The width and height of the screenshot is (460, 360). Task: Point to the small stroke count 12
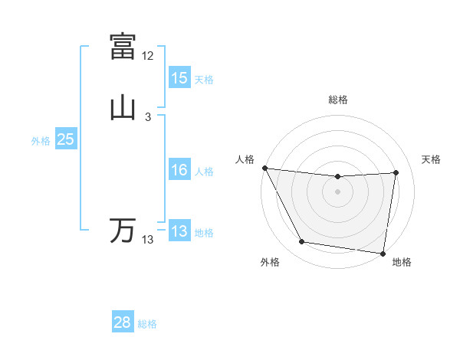coord(148,56)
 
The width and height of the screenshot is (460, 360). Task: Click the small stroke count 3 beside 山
coord(148,117)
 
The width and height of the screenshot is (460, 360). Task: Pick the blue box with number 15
coord(179,78)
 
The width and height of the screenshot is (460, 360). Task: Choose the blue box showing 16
coord(179,170)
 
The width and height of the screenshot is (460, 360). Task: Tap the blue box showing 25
coord(66,139)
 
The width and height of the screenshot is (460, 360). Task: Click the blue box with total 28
coord(123,323)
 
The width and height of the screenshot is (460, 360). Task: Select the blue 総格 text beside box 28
coord(148,325)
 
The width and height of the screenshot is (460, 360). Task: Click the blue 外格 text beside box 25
coord(41,141)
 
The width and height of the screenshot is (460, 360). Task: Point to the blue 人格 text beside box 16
coord(205,172)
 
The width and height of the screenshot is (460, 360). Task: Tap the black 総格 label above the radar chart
coord(338,100)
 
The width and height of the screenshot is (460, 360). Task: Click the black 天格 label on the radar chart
coord(431,159)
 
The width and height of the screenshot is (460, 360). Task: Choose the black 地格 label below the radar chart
coord(402,262)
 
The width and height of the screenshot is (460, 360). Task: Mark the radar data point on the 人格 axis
coord(264,168)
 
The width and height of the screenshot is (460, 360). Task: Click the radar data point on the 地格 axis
coord(383,253)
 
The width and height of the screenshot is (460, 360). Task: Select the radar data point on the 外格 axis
coord(302,243)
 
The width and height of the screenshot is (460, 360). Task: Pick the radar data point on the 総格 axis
coord(338,177)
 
